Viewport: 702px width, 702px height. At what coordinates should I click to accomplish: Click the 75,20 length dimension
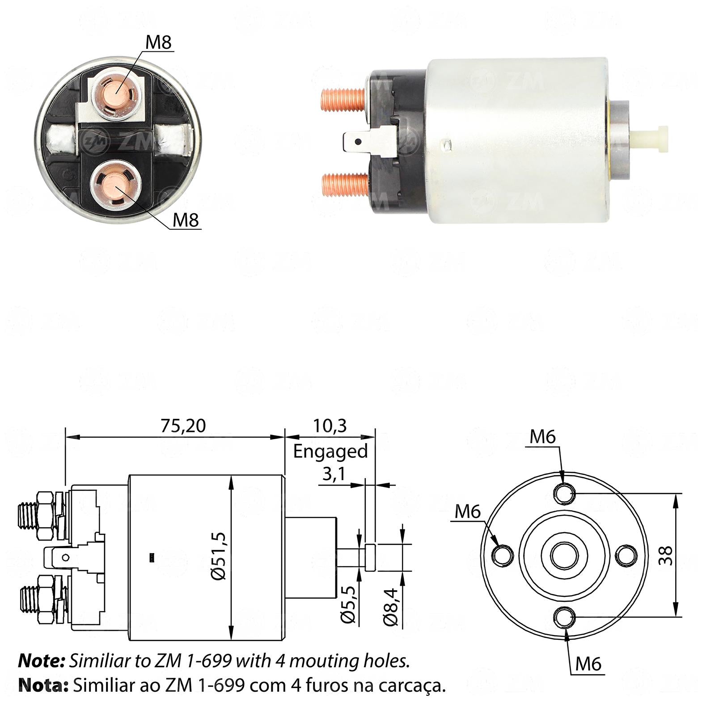click(x=183, y=426)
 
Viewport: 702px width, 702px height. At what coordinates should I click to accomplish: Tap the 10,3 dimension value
click(x=330, y=426)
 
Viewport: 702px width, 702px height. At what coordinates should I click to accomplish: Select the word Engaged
click(x=330, y=452)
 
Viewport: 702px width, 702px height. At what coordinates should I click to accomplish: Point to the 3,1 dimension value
click(x=334, y=474)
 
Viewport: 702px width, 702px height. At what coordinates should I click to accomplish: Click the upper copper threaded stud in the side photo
click(x=344, y=99)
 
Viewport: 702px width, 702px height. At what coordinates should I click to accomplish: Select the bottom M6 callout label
click(x=588, y=664)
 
